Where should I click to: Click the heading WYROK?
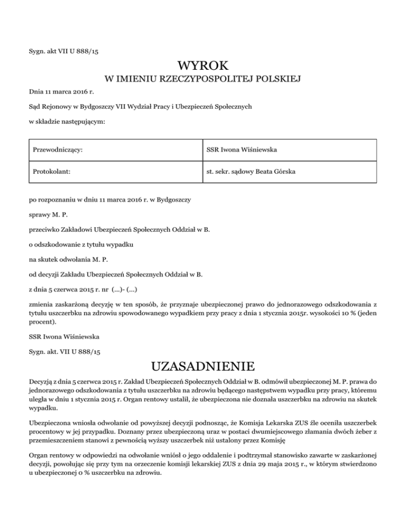203,66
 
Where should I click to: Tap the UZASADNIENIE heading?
203,365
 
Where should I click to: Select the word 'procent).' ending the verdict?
42,321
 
